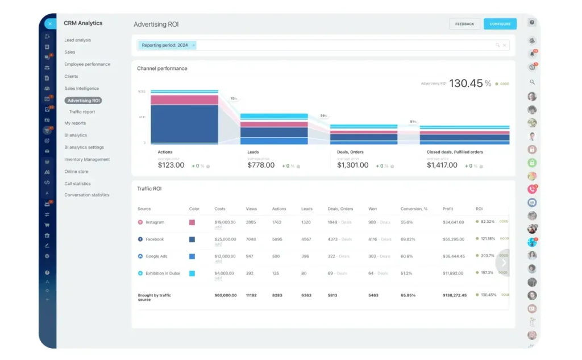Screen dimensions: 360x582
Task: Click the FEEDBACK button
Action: click(464, 24)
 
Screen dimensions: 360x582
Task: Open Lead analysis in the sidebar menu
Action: click(77, 40)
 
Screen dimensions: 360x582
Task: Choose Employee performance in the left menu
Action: click(87, 64)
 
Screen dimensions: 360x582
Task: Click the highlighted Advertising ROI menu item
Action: click(83, 101)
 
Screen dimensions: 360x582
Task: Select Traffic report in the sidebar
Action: click(82, 112)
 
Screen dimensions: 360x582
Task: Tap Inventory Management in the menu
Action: click(87, 160)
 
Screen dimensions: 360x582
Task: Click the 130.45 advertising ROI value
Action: click(465, 84)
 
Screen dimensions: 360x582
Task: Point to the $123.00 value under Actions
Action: click(171, 165)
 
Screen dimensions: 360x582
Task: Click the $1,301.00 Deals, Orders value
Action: click(353, 165)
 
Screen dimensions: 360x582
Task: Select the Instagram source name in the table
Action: click(155, 222)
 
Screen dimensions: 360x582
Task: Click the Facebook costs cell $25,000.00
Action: click(225, 239)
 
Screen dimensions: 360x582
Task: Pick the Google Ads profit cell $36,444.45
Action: click(454, 256)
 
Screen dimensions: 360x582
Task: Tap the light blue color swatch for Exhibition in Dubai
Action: click(192, 274)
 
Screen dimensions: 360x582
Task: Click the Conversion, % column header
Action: click(414, 209)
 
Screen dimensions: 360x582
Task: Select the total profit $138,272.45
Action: click(455, 295)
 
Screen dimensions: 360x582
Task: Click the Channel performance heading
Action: click(162, 69)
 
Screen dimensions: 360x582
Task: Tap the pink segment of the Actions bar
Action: click(184, 100)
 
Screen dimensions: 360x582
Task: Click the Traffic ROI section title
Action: click(149, 188)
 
